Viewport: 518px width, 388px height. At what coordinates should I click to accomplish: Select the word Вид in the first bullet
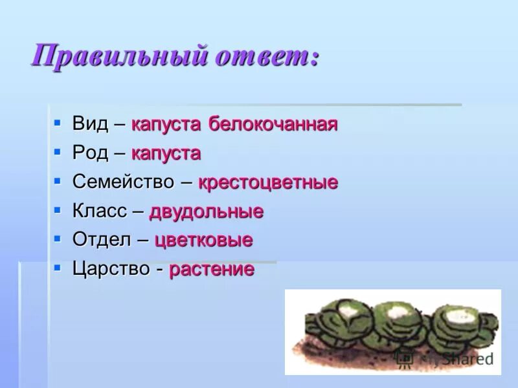(x=90, y=124)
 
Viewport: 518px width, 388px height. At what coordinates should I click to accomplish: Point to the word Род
(x=90, y=153)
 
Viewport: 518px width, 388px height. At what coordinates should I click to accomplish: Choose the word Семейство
(x=123, y=182)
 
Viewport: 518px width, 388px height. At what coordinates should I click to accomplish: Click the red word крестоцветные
(x=267, y=182)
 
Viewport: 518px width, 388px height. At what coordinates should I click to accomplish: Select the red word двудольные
(x=206, y=211)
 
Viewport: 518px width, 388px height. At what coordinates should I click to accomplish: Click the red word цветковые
(x=203, y=241)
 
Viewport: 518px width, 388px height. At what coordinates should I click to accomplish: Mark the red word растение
(x=212, y=270)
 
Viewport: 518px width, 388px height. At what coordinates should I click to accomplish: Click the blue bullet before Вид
(x=57, y=122)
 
